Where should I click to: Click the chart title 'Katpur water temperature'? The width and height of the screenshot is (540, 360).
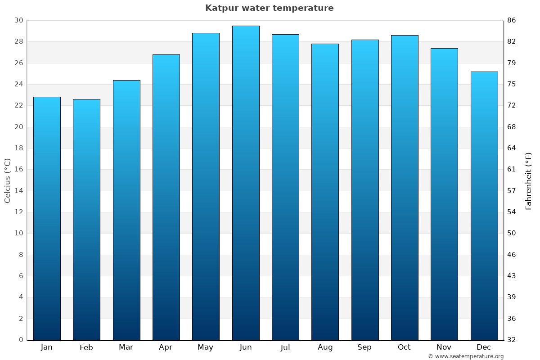(269, 8)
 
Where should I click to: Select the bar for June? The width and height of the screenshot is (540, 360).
(246, 183)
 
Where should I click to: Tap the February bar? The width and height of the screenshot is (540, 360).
(86, 220)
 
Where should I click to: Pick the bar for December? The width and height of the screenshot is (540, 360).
(484, 206)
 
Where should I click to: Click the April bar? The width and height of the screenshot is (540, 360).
(166, 197)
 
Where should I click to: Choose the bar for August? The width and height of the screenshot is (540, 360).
(325, 192)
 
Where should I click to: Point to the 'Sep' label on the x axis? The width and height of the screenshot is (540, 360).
(364, 347)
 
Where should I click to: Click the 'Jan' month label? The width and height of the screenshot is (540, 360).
(46, 347)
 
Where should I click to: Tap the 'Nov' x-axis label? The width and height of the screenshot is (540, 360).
(444, 347)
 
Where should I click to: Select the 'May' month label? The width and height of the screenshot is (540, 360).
(206, 347)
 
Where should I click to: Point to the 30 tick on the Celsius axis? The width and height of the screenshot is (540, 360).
(18, 21)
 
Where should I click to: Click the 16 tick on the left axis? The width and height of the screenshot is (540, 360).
(18, 170)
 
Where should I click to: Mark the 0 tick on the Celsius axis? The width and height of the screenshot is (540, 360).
(21, 340)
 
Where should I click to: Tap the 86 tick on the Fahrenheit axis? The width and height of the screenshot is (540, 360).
(512, 21)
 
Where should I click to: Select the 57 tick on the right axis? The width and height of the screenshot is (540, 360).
(512, 191)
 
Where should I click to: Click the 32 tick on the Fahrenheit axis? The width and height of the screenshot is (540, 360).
(512, 340)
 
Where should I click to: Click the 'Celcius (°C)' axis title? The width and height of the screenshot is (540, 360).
(8, 180)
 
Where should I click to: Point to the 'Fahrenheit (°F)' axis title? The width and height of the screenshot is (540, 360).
(529, 180)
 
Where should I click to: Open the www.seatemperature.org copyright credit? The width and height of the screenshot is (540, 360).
(466, 356)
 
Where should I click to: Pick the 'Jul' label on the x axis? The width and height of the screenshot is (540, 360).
(285, 347)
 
